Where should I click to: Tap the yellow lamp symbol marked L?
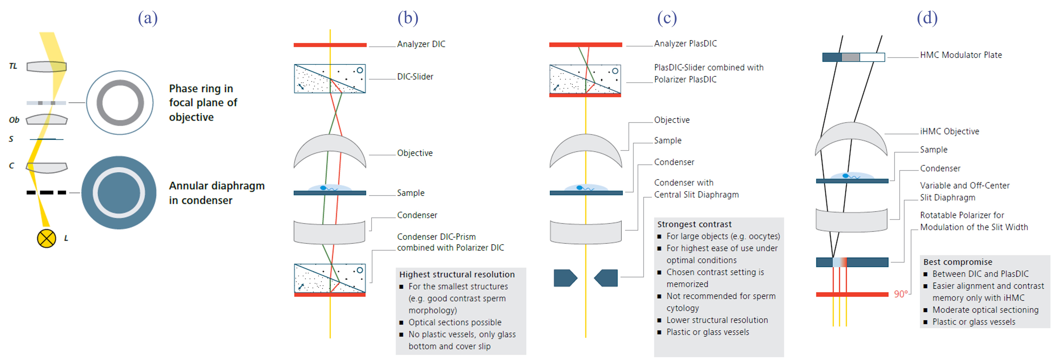(46, 238)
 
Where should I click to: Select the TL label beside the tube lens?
(13, 66)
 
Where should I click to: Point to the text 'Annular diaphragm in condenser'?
(217, 193)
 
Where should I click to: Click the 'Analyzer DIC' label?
(421, 44)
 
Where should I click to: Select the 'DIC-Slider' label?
(415, 77)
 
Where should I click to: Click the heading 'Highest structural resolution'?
(457, 274)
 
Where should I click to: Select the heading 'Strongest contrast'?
(694, 224)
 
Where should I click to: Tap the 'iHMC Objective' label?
(949, 131)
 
